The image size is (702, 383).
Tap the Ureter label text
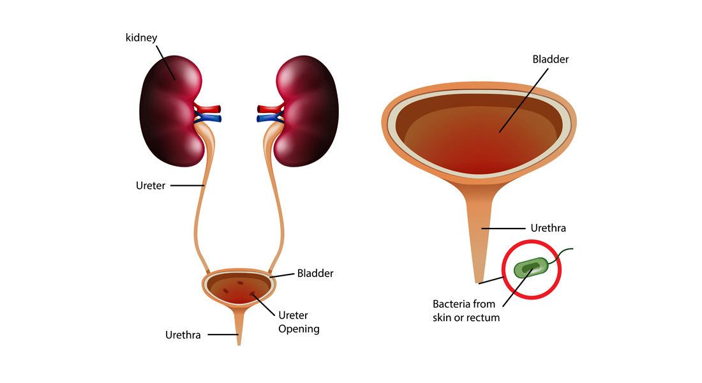click(151, 186)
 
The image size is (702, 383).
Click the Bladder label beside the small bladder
click(315, 273)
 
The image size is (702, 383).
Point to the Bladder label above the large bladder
click(550, 59)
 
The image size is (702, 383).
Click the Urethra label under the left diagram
click(183, 334)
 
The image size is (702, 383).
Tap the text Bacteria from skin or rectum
click(464, 310)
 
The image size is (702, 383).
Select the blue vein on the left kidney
click(210, 118)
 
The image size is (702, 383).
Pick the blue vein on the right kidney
click(267, 118)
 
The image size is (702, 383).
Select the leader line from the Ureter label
click(187, 186)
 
